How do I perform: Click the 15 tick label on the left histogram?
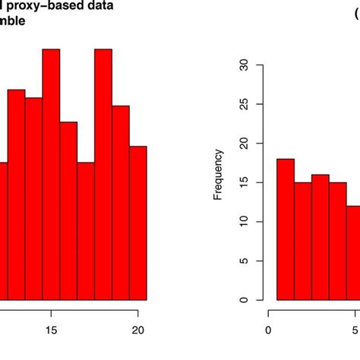pyautogui.click(x=51, y=330)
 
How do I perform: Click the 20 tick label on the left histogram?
pyautogui.click(x=138, y=330)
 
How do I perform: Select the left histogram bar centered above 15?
pyautogui.click(x=51, y=175)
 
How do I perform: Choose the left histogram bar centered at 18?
pyautogui.click(x=103, y=175)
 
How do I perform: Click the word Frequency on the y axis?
pyautogui.click(x=219, y=179)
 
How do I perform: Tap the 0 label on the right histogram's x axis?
pyautogui.click(x=268, y=330)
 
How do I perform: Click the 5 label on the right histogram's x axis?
pyautogui.click(x=355, y=330)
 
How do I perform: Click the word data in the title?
pyautogui.click(x=95, y=7)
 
